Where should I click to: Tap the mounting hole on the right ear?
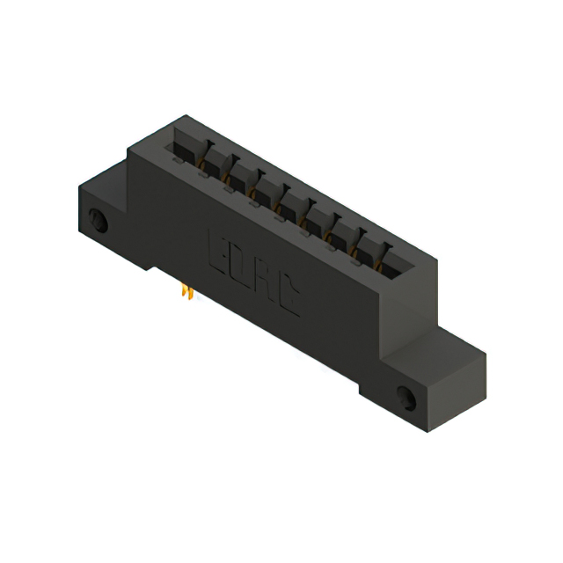[x=407, y=396]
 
